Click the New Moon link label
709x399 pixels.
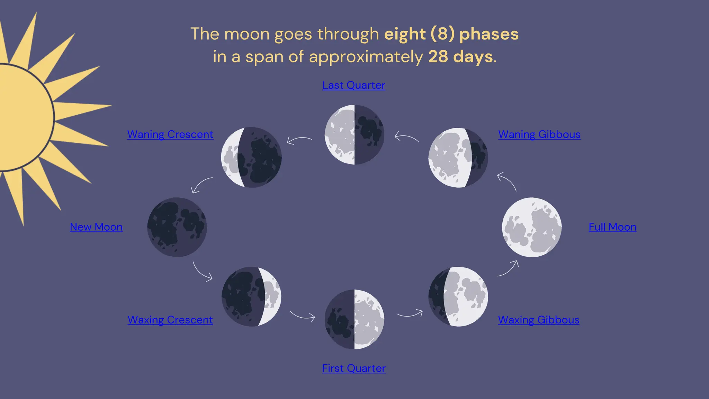pyautogui.click(x=96, y=227)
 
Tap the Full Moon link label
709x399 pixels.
pyautogui.click(x=612, y=227)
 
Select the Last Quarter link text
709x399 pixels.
pyautogui.click(x=353, y=85)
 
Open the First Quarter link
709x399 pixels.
pyautogui.click(x=353, y=368)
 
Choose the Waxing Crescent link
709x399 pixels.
pyautogui.click(x=170, y=320)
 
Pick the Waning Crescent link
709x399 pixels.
pyautogui.click(x=170, y=134)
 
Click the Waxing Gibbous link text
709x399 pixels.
pyautogui.click(x=539, y=320)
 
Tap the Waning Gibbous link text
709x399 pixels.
pyautogui.click(x=539, y=134)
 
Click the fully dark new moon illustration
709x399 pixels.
pyautogui.click(x=177, y=227)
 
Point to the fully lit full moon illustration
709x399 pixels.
pyautogui.click(x=532, y=227)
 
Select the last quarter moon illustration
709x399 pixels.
pyautogui.click(x=354, y=135)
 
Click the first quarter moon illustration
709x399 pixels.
pyautogui.click(x=354, y=319)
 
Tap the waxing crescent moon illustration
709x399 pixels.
pyautogui.click(x=251, y=296)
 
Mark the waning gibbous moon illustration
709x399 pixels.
pyautogui.click(x=458, y=158)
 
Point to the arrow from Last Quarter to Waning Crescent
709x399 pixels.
pyautogui.click(x=299, y=140)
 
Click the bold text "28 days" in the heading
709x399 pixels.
pyautogui.click(x=460, y=56)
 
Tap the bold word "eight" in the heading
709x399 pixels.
pyautogui.click(x=405, y=34)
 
